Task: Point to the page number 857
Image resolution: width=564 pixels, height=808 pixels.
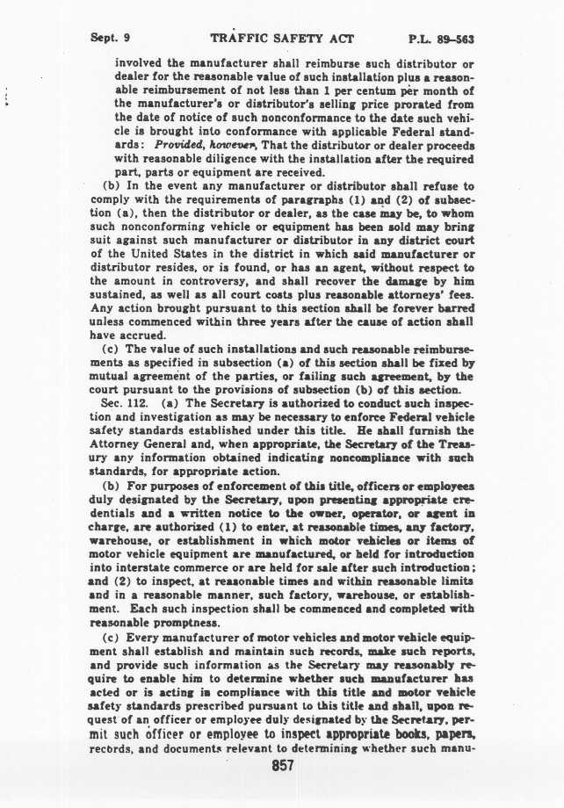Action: point(282,765)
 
